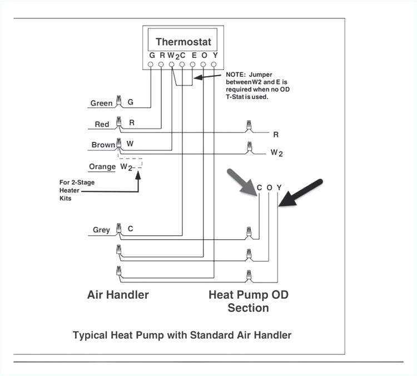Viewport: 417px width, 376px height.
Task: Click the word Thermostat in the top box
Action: tap(183, 42)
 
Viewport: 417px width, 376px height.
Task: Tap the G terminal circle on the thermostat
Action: tap(151, 65)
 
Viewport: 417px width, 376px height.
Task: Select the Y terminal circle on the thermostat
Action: tap(214, 65)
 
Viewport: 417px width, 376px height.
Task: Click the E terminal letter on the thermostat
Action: tap(193, 55)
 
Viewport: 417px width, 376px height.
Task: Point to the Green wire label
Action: tap(101, 103)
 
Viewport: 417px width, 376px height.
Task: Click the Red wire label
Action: tap(102, 124)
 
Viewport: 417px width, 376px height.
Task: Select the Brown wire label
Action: tap(103, 145)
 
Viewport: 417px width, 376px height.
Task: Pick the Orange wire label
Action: tap(102, 166)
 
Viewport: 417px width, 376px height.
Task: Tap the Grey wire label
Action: tap(101, 230)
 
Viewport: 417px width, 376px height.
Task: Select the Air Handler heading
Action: tap(118, 294)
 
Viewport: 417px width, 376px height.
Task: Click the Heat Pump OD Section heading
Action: tap(248, 301)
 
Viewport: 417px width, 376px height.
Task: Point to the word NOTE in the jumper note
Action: tap(235, 75)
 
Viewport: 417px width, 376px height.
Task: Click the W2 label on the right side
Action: tap(276, 152)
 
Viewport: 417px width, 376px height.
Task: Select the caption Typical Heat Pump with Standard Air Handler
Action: tap(182, 335)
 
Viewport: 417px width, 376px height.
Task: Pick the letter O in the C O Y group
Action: tap(269, 187)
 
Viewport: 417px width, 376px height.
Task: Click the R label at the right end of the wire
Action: tap(276, 134)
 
